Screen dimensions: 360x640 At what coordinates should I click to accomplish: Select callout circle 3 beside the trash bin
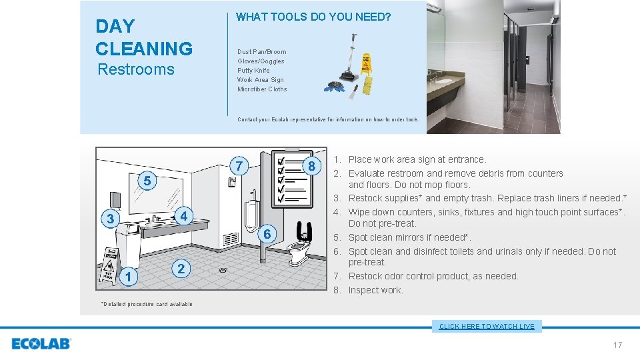(x=111, y=219)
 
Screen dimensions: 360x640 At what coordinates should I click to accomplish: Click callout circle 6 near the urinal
(x=267, y=234)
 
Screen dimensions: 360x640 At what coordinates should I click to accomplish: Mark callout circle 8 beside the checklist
(x=311, y=165)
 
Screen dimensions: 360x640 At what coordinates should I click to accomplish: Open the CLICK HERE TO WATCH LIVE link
(x=487, y=326)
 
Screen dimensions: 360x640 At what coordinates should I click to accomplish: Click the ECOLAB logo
(x=41, y=344)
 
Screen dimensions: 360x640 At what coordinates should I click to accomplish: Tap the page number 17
(x=617, y=345)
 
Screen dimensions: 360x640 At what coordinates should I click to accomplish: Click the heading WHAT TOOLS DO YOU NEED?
(x=313, y=17)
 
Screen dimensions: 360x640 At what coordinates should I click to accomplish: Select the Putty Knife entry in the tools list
(x=253, y=70)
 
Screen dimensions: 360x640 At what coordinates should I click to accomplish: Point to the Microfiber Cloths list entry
(x=262, y=89)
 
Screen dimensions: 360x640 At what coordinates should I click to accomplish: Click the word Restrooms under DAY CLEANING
(x=136, y=69)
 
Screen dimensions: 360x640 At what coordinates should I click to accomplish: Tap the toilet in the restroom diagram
(x=299, y=249)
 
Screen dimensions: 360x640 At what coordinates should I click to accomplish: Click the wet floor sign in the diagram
(x=109, y=267)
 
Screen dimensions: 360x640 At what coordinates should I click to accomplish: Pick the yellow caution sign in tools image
(x=366, y=64)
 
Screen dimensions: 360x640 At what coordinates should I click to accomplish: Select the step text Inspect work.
(x=375, y=290)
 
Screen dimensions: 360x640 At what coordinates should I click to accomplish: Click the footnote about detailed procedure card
(x=146, y=304)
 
